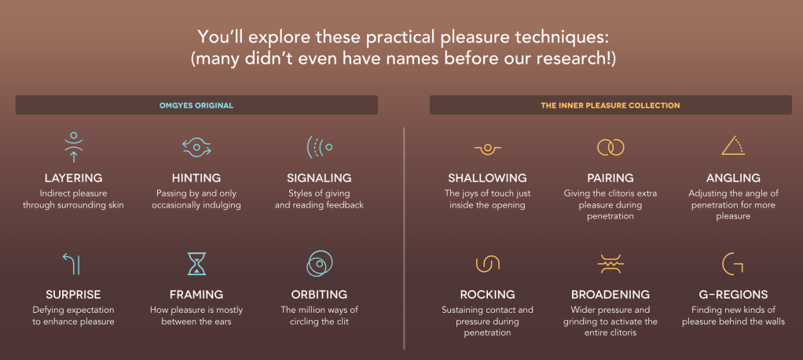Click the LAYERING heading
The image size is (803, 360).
[x=73, y=178]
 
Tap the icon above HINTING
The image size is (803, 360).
[x=196, y=148]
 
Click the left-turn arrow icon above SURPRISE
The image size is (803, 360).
[x=71, y=264]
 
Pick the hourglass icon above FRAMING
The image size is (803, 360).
[x=196, y=264]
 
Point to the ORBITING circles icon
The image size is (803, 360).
[x=320, y=264]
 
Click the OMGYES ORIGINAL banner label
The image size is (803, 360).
[x=196, y=105]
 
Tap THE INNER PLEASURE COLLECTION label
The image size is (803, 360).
[x=610, y=105]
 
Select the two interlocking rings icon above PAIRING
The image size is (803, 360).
[x=610, y=148]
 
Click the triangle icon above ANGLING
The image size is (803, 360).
[x=733, y=145]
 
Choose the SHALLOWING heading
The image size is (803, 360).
[x=487, y=178]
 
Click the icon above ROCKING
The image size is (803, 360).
[x=487, y=264]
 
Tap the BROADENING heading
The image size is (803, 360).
[x=610, y=295]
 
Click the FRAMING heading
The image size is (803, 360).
[x=196, y=295]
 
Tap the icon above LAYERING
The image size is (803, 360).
[x=74, y=147]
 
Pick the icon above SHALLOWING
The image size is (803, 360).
[x=487, y=149]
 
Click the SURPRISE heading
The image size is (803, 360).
[x=73, y=295]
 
